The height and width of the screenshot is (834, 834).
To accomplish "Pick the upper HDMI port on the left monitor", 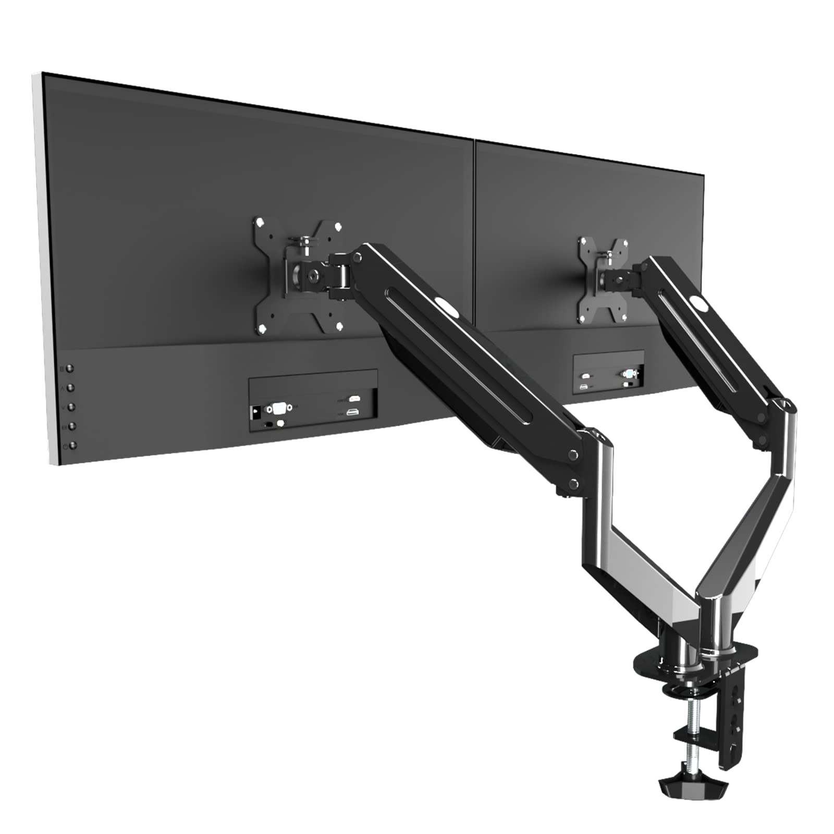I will [354, 399].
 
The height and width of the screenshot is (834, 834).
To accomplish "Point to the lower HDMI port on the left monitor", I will [353, 412].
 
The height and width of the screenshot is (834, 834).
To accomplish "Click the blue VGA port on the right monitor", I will [629, 373].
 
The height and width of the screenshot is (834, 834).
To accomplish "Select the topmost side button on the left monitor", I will [70, 369].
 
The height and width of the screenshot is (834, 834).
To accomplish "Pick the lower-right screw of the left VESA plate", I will [339, 326].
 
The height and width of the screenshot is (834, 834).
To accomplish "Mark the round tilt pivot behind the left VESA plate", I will [313, 273].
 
